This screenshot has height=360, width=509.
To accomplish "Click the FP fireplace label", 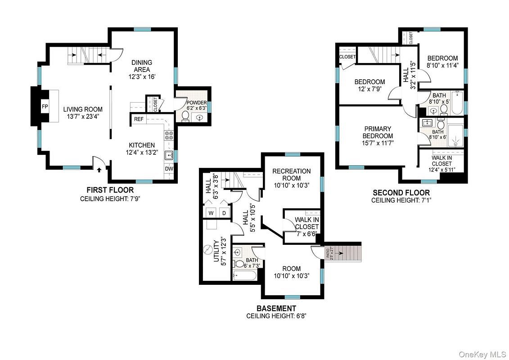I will point(45,107).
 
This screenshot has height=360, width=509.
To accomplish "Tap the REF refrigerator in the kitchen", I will point(139,119).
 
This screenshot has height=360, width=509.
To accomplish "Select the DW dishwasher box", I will point(169,169).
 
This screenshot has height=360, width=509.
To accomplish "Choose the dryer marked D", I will point(224,212).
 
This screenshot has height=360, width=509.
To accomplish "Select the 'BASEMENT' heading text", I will point(276,308).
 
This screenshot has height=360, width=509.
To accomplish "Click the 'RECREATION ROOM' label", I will point(291,175).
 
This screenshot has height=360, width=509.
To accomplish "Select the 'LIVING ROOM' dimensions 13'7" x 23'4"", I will point(83,116).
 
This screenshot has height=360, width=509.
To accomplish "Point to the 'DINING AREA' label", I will point(142,66).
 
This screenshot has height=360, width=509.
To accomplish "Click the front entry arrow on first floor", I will point(99,169).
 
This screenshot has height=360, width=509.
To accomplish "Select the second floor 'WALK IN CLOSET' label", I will point(441,161).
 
